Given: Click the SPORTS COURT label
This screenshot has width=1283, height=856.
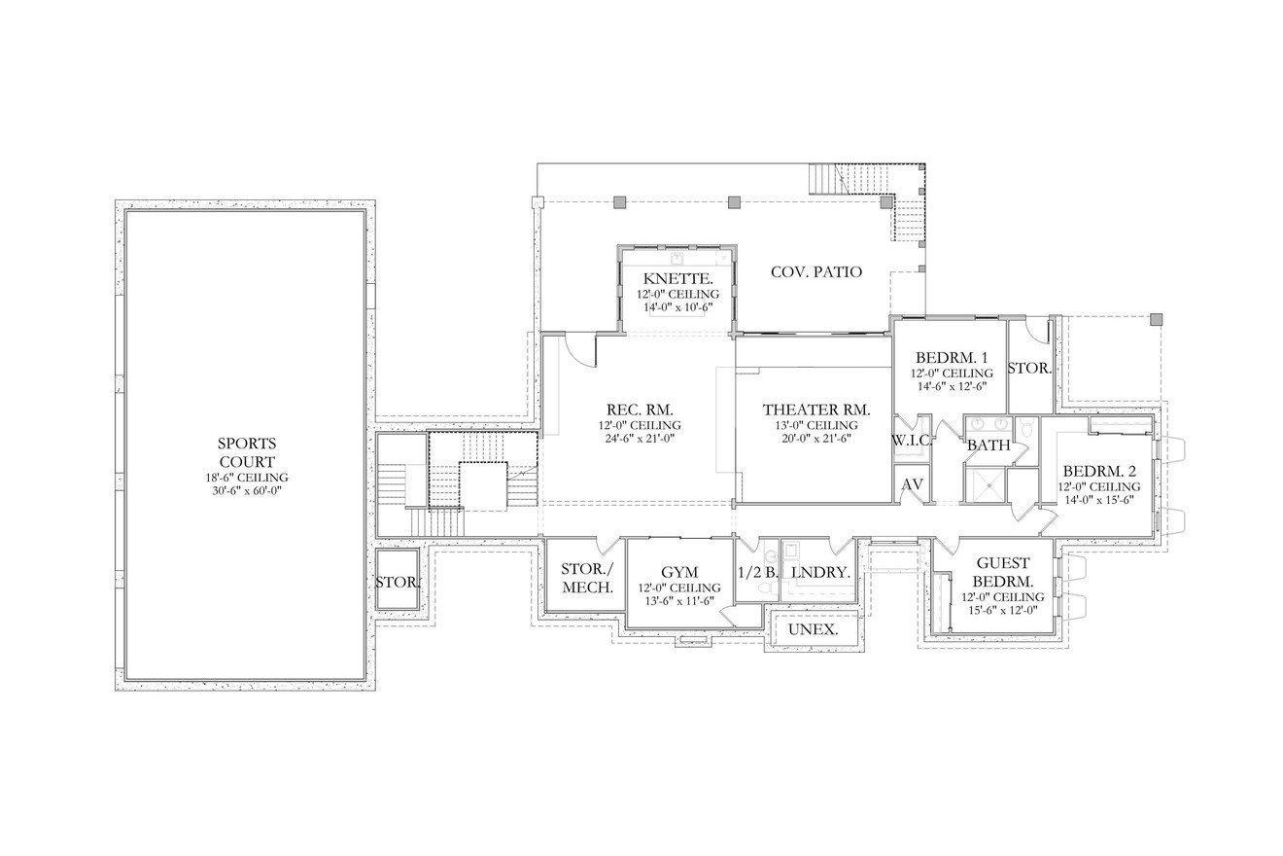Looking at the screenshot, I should pos(247,452).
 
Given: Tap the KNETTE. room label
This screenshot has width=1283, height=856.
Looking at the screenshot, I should pos(678,280).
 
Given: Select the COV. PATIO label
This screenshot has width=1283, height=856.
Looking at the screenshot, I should pos(816,271).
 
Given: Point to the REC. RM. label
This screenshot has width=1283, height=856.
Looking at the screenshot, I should pos(640,410).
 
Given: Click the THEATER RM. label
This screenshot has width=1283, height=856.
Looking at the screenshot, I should pos(816,410).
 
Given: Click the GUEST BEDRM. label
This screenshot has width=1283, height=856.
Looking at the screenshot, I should pos(1003,572).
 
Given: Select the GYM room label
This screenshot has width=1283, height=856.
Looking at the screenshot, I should pos(679,572).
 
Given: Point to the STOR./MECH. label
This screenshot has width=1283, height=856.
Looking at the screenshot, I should pos(586,579).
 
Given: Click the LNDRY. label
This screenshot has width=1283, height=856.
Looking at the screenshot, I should pos(821,573).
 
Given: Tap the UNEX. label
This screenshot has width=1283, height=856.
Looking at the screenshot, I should pos(814,629).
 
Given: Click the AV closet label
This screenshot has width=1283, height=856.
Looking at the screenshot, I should pos(912,484).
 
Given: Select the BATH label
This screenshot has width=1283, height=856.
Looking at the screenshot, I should pos(988,445).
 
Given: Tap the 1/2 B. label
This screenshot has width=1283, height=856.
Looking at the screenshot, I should pos(758,573).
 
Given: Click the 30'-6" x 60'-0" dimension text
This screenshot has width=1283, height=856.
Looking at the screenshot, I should pos(247,491).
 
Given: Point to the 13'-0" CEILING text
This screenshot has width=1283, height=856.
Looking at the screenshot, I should pos(816,425).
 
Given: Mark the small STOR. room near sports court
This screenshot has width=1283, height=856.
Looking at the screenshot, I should pos(397,582).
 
